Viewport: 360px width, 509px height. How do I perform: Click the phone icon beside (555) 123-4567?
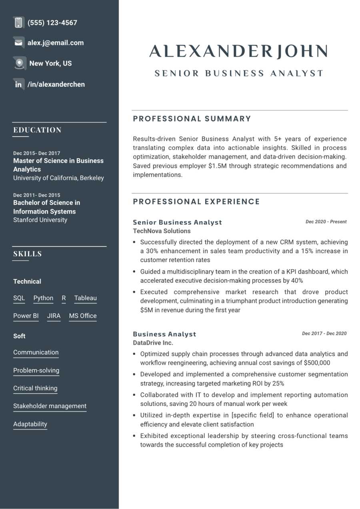pyautogui.click(x=18, y=23)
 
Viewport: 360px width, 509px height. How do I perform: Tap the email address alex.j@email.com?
pyautogui.click(x=56, y=43)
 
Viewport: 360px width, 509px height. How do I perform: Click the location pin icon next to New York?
pyautogui.click(x=19, y=63)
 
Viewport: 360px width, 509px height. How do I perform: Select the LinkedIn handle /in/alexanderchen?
pyautogui.click(x=56, y=84)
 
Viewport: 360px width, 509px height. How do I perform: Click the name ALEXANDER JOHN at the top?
pyautogui.click(x=238, y=52)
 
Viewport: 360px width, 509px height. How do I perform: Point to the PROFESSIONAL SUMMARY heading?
pyautogui.click(x=192, y=119)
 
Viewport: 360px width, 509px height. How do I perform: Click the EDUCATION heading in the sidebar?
pyautogui.click(x=37, y=130)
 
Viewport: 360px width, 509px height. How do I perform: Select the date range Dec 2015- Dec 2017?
pyautogui.click(x=37, y=153)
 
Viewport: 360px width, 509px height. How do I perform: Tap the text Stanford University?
pyautogui.click(x=40, y=220)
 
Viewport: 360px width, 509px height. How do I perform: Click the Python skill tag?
pyautogui.click(x=43, y=298)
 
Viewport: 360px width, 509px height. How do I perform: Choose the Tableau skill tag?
pyautogui.click(x=86, y=298)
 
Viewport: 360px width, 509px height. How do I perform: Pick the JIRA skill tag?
pyautogui.click(x=54, y=316)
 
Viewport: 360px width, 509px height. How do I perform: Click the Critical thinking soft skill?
pyautogui.click(x=35, y=388)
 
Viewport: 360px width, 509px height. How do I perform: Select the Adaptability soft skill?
pyautogui.click(x=30, y=424)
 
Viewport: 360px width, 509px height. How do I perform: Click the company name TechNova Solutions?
pyautogui.click(x=162, y=231)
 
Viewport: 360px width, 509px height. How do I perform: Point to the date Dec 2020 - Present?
pyautogui.click(x=326, y=222)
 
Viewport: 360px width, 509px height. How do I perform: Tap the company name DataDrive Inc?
pyautogui.click(x=153, y=343)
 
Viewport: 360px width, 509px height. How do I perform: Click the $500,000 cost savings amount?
pyautogui.click(x=317, y=363)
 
